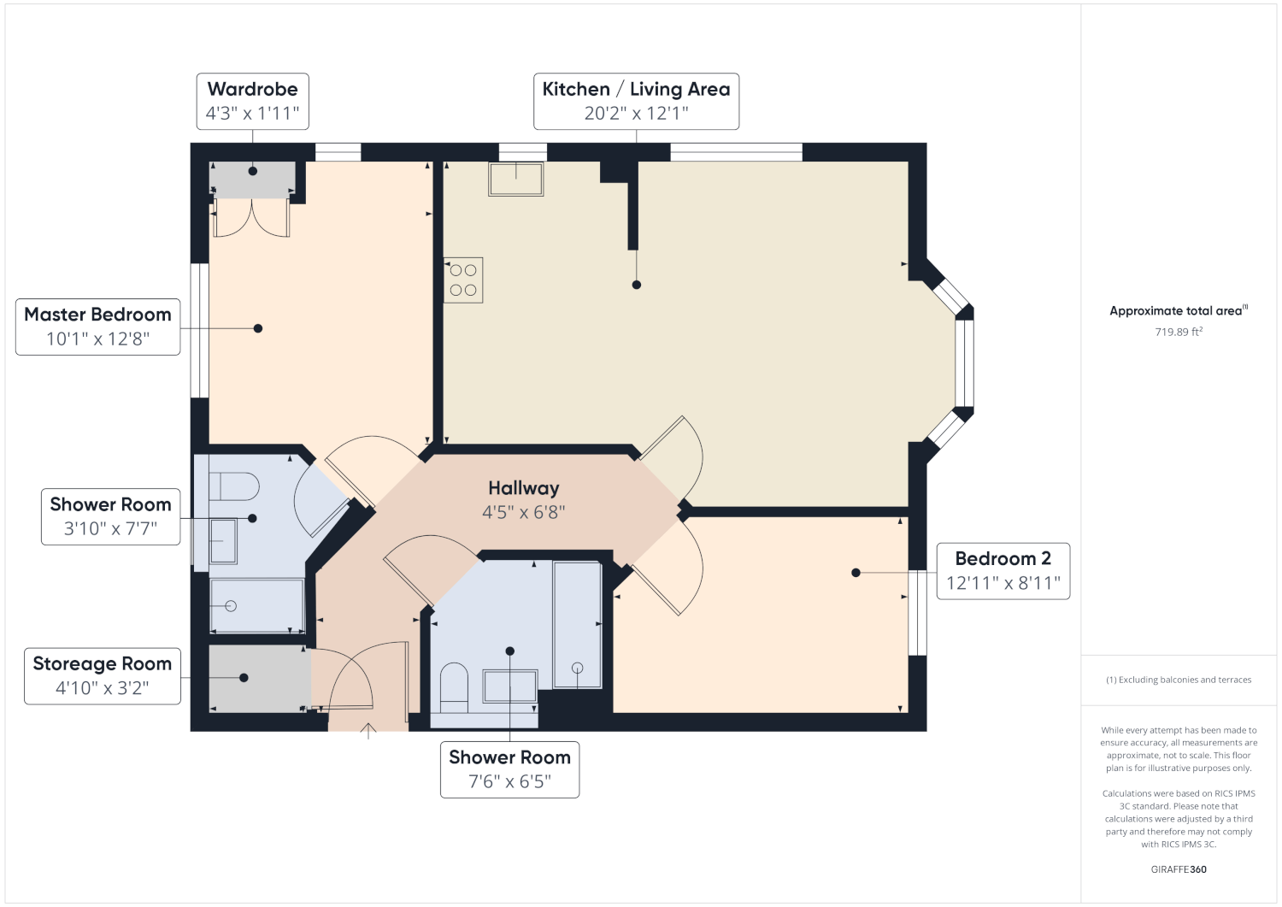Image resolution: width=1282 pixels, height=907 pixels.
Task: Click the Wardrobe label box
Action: pos(252,102)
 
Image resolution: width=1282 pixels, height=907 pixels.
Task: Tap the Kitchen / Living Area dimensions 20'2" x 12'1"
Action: pos(636,114)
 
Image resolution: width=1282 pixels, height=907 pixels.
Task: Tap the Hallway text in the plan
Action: pos(524,488)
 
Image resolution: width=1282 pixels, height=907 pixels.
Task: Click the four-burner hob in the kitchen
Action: pos(463,280)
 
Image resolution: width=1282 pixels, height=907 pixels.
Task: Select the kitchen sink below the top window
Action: pos(515,179)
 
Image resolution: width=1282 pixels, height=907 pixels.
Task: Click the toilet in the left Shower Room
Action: pos(234,486)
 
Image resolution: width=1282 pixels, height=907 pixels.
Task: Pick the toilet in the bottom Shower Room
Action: pos(454,687)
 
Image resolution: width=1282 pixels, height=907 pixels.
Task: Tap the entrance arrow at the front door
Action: pos(368,731)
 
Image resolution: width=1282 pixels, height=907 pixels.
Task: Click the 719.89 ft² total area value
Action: pos(1179,332)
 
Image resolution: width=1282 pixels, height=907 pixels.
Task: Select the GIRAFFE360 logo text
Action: pos(1179,869)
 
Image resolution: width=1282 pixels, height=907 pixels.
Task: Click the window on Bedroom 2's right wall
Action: pos(917,613)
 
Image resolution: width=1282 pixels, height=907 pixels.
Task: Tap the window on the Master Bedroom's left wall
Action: pos(200,330)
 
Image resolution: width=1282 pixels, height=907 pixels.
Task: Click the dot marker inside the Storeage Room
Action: pos(244,678)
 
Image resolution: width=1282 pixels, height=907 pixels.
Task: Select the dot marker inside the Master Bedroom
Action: pos(258,328)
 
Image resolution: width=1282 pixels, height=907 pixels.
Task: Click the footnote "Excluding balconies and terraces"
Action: pos(1179,680)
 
